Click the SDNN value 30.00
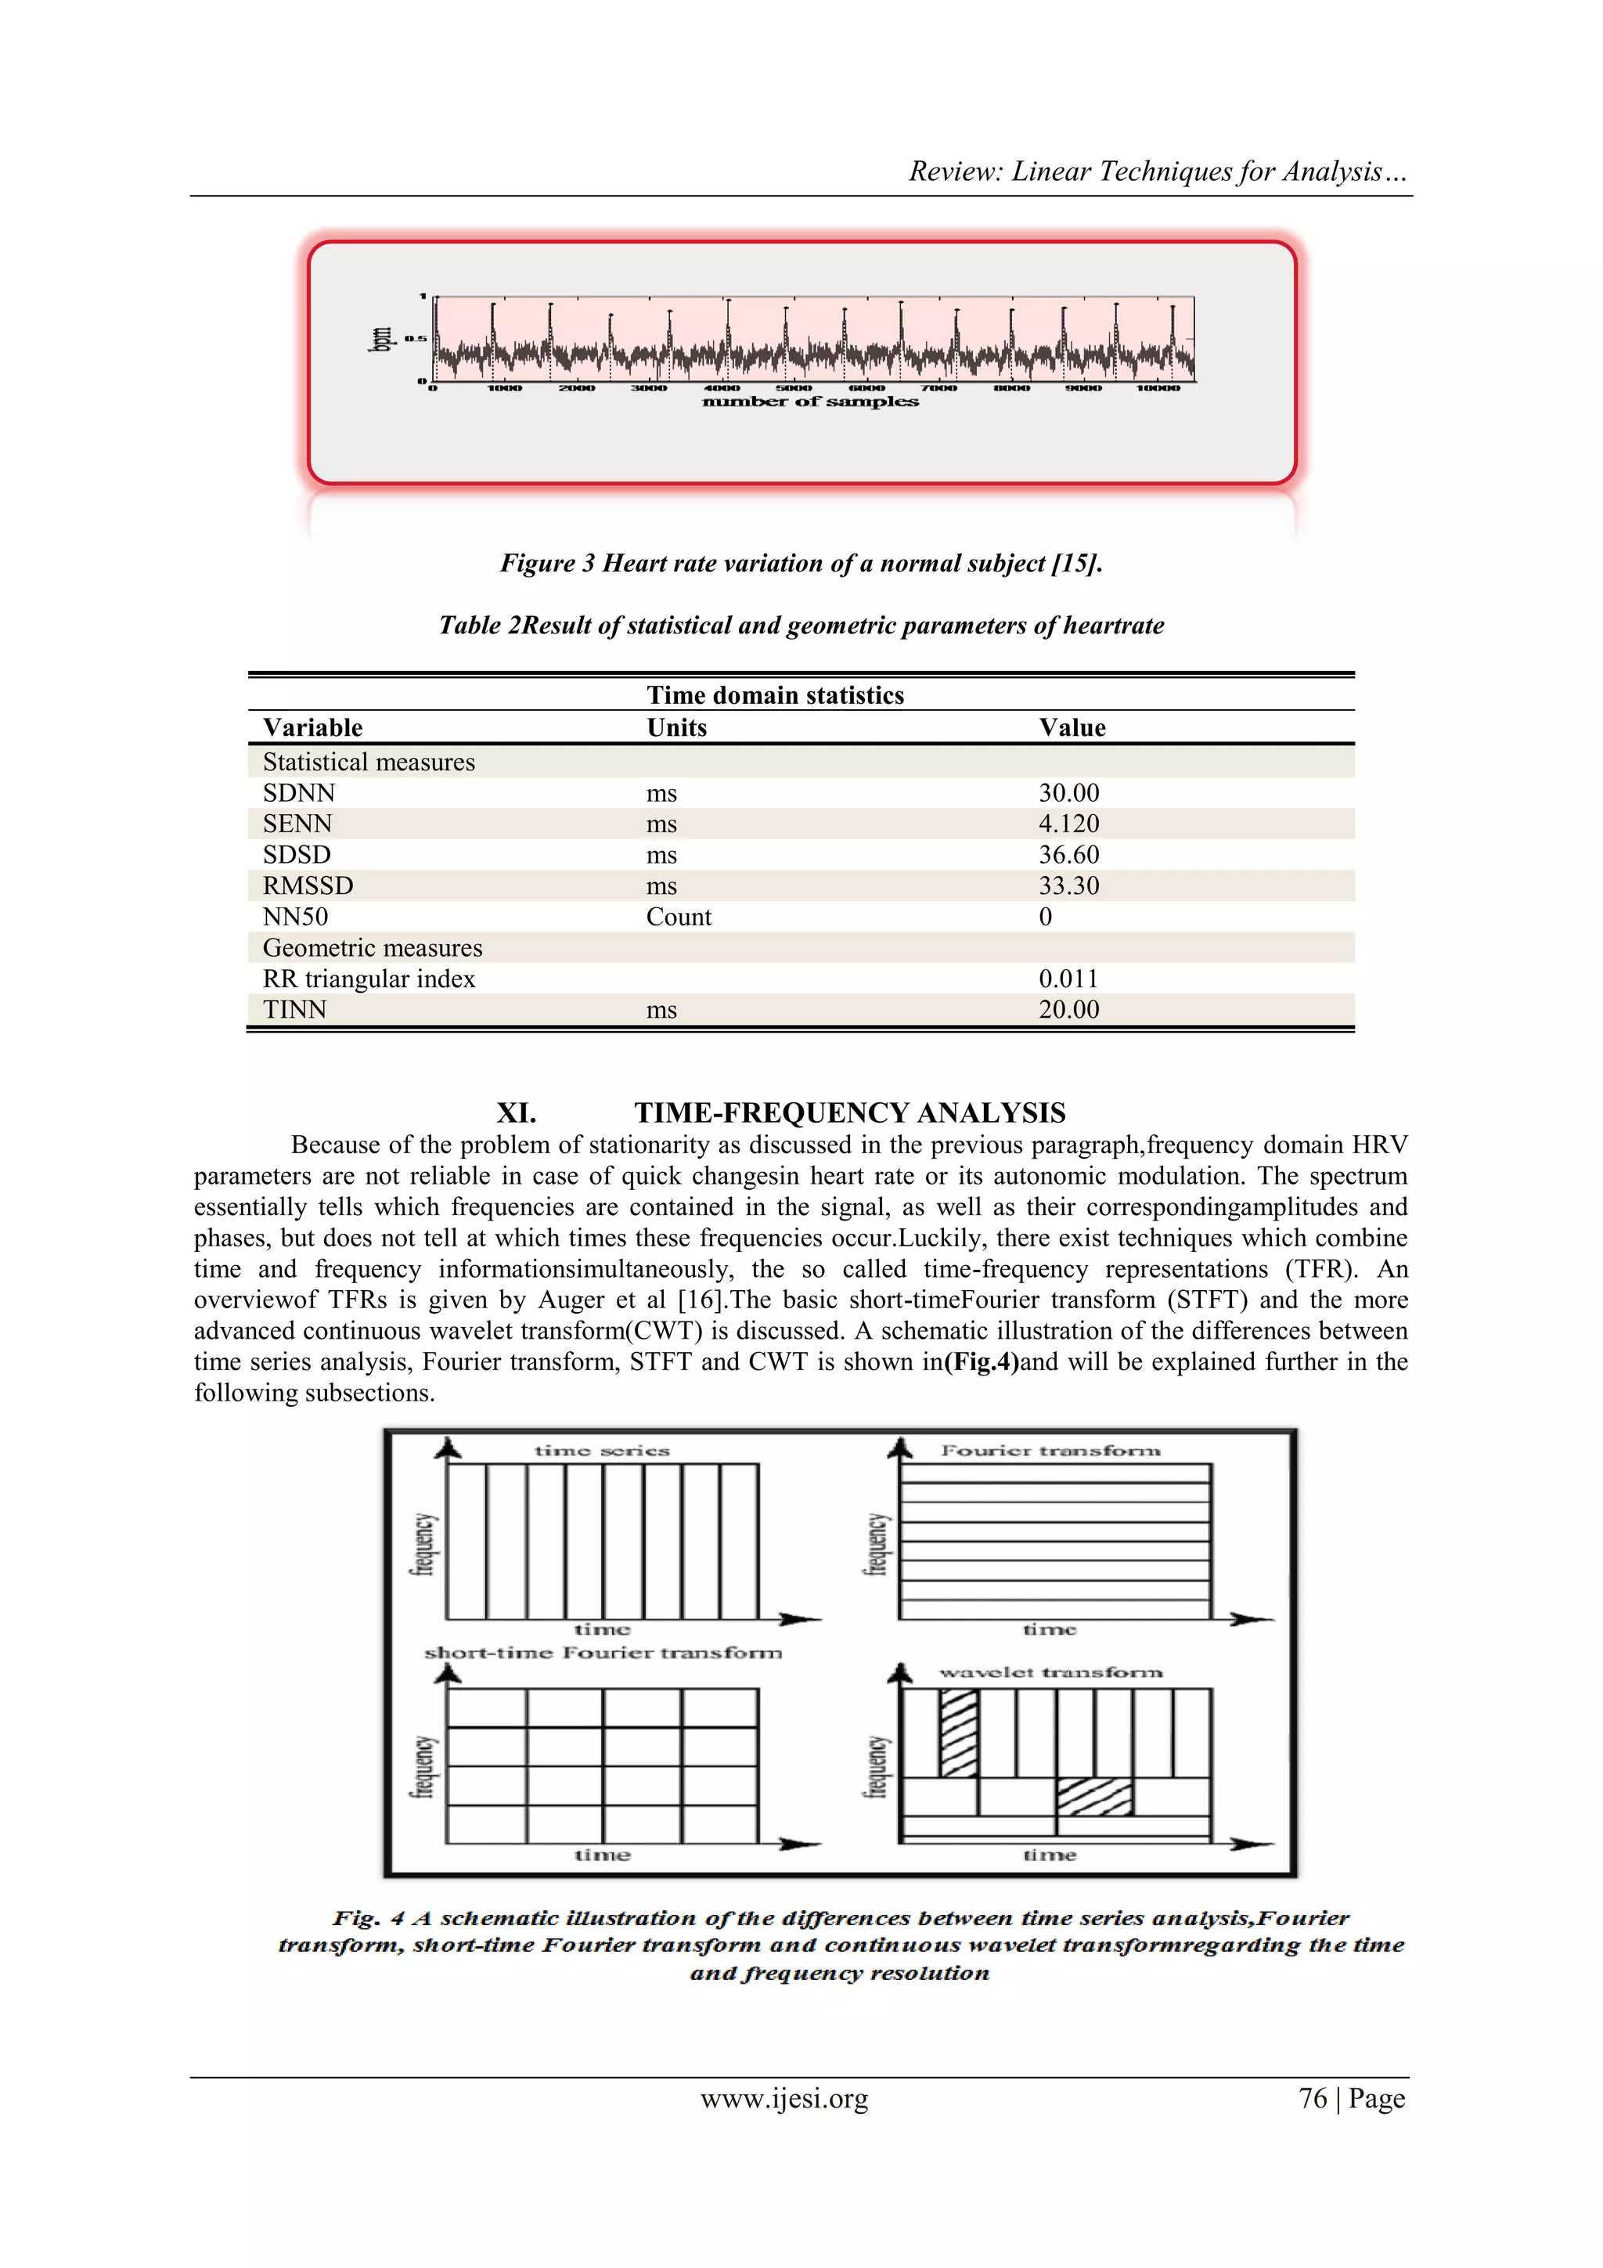pyautogui.click(x=1068, y=793)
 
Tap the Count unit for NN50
pyautogui.click(x=679, y=917)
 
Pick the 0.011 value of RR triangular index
pyautogui.click(x=1068, y=979)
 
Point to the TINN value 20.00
pyautogui.click(x=1068, y=1010)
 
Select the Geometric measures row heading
pyautogui.click(x=373, y=948)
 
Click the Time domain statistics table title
pyautogui.click(x=776, y=695)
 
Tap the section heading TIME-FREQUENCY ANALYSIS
pyautogui.click(x=849, y=1113)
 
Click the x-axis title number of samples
pyautogui.click(x=810, y=402)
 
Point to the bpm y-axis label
pyautogui.click(x=380, y=339)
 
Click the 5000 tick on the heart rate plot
pyautogui.click(x=794, y=388)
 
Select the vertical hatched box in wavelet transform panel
pyautogui.click(x=958, y=1733)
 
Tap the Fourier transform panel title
pyautogui.click(x=1050, y=1451)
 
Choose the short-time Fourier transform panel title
pyautogui.click(x=603, y=1653)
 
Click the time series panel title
pyautogui.click(x=601, y=1451)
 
